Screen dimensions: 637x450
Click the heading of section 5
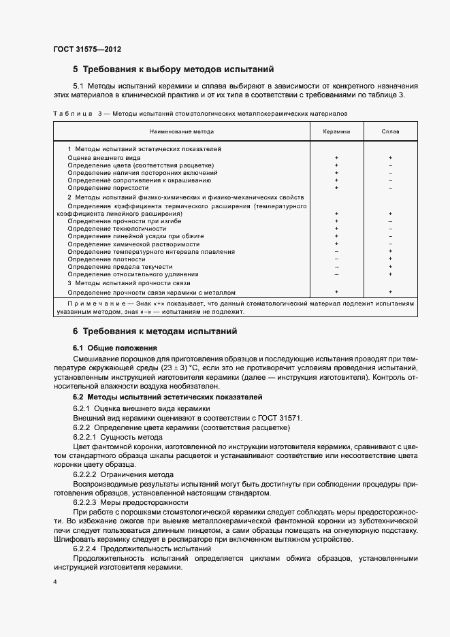click(x=173, y=69)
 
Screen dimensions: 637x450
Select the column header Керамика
click(x=336, y=131)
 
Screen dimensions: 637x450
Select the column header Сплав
click(x=390, y=131)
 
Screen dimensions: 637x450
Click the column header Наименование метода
click(x=182, y=131)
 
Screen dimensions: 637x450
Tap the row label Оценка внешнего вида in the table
click(x=104, y=157)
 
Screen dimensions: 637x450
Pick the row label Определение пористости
click(x=108, y=187)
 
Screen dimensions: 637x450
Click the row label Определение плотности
click(x=106, y=259)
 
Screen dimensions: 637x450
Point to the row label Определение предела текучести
click(x=116, y=267)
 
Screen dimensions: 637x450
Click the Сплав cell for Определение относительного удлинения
click(x=390, y=274)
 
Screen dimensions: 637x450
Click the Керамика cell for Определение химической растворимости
click(x=336, y=244)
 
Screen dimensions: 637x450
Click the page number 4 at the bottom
click(x=54, y=583)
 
